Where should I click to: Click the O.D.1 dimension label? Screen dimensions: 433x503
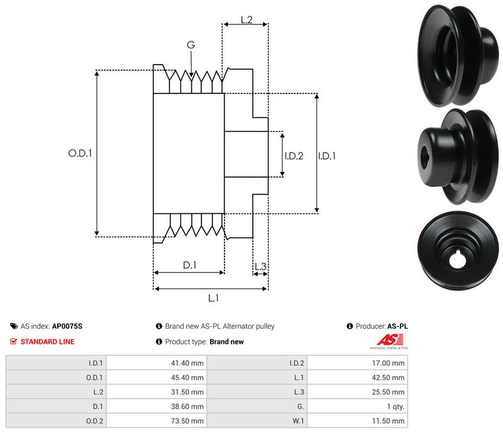click(80, 152)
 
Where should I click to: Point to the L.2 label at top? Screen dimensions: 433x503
click(246, 20)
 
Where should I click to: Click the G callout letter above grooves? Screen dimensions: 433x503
click(191, 45)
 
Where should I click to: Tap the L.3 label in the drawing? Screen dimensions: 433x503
click(260, 267)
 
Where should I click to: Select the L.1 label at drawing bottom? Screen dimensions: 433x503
click(213, 298)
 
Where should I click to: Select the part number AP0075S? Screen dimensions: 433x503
click(67, 326)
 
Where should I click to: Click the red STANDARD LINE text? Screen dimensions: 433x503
click(47, 342)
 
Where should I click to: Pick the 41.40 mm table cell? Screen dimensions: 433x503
click(189, 363)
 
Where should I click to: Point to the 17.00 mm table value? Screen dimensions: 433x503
click(389, 363)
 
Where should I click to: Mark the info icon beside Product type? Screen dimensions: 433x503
click(159, 342)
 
